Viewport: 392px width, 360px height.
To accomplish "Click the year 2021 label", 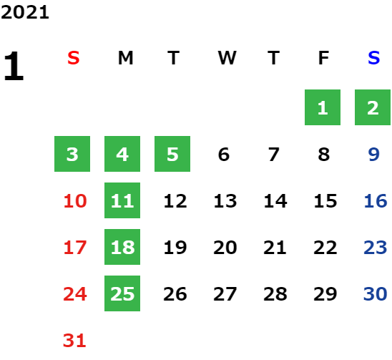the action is [x=25, y=12].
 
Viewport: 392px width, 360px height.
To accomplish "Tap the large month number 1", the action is [x=14, y=66].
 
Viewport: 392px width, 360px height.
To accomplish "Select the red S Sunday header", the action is [x=74, y=58].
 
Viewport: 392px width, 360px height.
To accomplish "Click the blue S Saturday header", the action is [x=373, y=58].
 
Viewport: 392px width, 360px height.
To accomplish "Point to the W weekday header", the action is [x=227, y=58].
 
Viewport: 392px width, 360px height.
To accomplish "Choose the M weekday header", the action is [x=125, y=58].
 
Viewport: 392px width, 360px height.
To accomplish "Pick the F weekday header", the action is [x=323, y=58].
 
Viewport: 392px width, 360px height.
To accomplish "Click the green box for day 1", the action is [x=323, y=107].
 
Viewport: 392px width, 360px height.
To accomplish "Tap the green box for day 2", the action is [x=373, y=107].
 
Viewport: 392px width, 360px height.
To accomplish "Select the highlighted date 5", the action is [x=172, y=154].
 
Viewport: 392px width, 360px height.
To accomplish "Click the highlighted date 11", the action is [x=122, y=200].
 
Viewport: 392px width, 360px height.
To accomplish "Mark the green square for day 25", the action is [x=122, y=293].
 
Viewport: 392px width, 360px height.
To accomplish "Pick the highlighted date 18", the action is [x=122, y=247].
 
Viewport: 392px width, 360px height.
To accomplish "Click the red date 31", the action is [x=74, y=341].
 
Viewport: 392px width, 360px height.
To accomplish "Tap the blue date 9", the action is [x=373, y=154].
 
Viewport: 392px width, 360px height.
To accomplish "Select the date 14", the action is [x=275, y=200].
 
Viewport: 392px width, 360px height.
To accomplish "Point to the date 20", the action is [x=225, y=248].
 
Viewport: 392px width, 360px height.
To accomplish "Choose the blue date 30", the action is [x=376, y=293].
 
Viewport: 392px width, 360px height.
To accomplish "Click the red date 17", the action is [x=75, y=248].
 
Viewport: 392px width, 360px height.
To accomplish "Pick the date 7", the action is [x=273, y=154].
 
